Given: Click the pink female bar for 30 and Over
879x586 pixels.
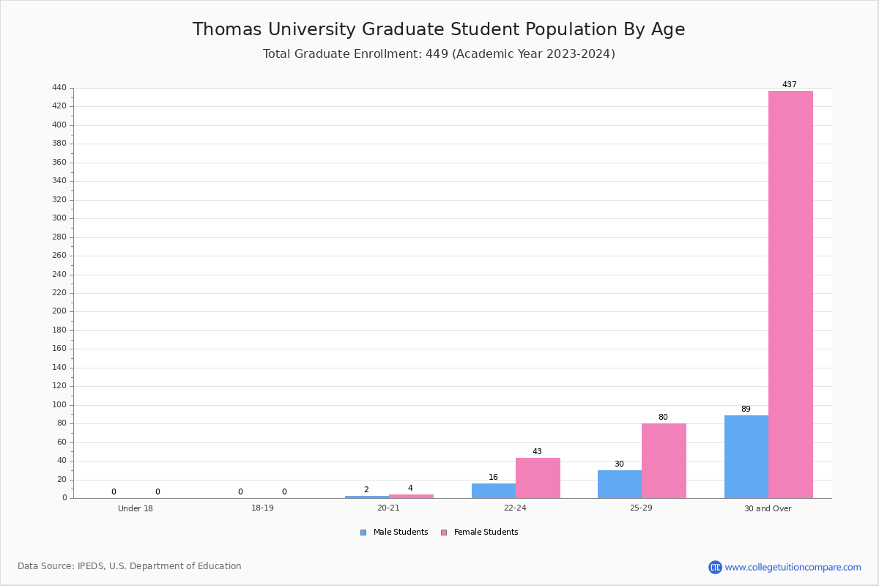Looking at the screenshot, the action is click(x=790, y=294).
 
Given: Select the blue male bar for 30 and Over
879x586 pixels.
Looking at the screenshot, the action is click(x=746, y=457).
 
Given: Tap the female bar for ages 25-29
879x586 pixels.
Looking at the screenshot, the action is click(x=664, y=461).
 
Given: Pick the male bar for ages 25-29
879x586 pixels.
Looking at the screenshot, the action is click(x=620, y=484).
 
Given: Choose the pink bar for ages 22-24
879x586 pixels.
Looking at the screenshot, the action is click(x=538, y=478).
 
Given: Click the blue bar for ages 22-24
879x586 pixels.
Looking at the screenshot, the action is click(x=494, y=491).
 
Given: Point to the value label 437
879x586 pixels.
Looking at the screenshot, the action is click(x=789, y=84).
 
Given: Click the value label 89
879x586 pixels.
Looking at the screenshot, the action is click(x=746, y=409).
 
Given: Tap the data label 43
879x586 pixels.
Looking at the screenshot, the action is click(x=537, y=451).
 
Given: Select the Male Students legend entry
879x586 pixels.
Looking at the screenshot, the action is click(x=394, y=533).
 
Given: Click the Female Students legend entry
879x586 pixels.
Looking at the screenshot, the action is click(x=480, y=533).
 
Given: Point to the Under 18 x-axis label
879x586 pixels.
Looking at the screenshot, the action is click(x=136, y=508).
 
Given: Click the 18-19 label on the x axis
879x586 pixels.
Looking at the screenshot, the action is click(x=262, y=508).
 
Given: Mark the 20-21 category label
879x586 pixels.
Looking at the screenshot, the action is click(x=388, y=508).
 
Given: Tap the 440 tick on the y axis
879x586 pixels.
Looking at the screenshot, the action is click(x=59, y=87).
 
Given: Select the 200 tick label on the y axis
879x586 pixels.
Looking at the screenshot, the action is click(x=59, y=311).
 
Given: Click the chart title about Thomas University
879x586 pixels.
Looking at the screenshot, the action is click(x=439, y=29).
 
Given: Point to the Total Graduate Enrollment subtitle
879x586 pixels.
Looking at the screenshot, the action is click(x=439, y=53).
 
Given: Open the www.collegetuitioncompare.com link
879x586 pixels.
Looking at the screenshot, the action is click(x=793, y=567).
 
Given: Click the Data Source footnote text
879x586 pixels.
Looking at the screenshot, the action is click(x=130, y=566).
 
